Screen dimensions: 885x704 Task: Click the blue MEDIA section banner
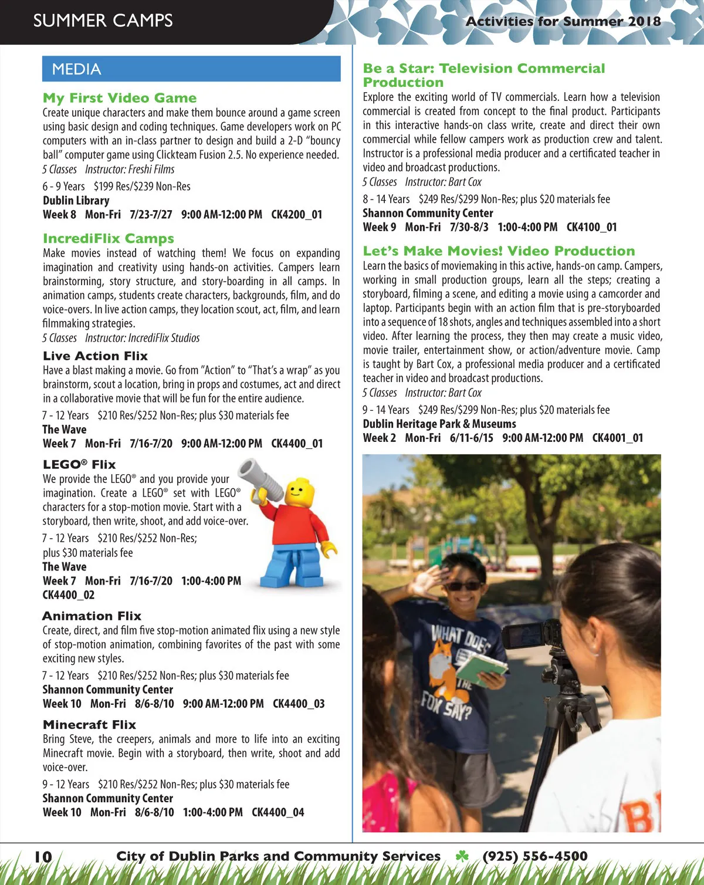pyautogui.click(x=191, y=69)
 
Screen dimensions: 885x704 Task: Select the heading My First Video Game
pyautogui.click(x=120, y=98)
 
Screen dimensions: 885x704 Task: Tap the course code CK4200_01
pyautogui.click(x=296, y=215)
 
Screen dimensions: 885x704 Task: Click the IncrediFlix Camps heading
pyautogui.click(x=109, y=239)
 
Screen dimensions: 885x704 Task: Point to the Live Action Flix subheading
pyautogui.click(x=95, y=356)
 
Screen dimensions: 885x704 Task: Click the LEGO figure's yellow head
pyautogui.click(x=300, y=491)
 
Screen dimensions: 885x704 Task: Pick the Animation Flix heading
pyautogui.click(x=92, y=616)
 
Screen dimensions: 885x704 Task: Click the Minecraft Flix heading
pyautogui.click(x=89, y=725)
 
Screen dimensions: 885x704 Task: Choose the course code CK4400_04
pyautogui.click(x=277, y=813)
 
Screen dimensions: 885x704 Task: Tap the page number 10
pyautogui.click(x=43, y=857)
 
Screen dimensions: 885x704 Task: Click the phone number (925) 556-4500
pyautogui.click(x=534, y=856)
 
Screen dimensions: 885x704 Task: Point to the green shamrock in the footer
pyautogui.click(x=462, y=856)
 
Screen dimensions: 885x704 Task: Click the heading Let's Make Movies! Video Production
pyautogui.click(x=499, y=251)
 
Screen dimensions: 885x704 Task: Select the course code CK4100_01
pyautogui.click(x=591, y=227)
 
